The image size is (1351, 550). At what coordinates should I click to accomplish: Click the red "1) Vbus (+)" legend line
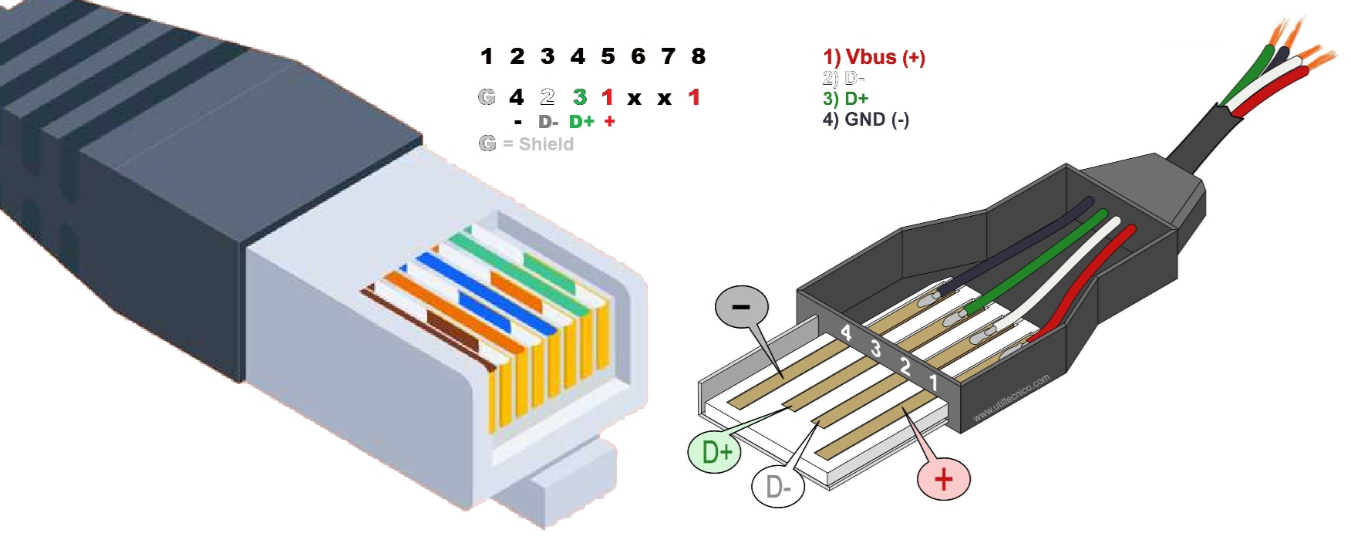[x=874, y=57]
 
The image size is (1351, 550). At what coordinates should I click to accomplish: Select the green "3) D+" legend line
[x=845, y=99]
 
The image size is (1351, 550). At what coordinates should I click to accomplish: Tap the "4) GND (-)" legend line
[x=865, y=120]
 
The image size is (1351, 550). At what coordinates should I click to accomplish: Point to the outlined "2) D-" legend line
[x=844, y=78]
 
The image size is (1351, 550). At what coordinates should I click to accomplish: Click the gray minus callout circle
[x=741, y=307]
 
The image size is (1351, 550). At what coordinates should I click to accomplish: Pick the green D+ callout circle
[x=714, y=451]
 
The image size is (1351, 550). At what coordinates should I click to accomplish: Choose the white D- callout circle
[x=777, y=487]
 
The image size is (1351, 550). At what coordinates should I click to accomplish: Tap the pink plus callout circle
[x=943, y=479]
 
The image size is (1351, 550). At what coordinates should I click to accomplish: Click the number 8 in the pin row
[x=698, y=56]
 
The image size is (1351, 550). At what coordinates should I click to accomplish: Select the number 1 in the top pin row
[x=487, y=56]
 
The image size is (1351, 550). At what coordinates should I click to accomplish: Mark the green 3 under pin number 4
[x=580, y=97]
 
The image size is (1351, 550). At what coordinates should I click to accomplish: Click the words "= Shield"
[x=538, y=144]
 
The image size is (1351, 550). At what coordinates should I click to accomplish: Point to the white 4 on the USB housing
[x=846, y=332]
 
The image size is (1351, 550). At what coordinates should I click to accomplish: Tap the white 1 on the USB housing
[x=933, y=382]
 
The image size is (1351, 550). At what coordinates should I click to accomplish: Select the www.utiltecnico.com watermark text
[x=1011, y=398]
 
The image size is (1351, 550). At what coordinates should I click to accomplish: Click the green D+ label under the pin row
[x=581, y=122]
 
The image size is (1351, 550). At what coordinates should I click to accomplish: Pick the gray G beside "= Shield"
[x=487, y=143]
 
